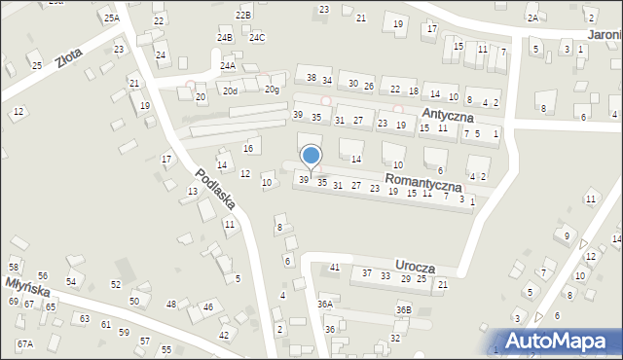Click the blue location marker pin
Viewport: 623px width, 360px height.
(x=311, y=157)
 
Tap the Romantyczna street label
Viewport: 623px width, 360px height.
(x=422, y=182)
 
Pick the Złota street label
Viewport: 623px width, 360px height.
(x=68, y=58)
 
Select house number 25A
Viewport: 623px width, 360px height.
(x=111, y=18)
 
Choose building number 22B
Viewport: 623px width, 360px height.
(x=243, y=16)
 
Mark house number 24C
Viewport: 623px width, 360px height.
(x=256, y=37)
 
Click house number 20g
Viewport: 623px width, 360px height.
(x=272, y=90)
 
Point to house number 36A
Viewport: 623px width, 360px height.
(x=325, y=304)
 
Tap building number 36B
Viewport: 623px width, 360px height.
(x=403, y=309)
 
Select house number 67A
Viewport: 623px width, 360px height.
(x=24, y=343)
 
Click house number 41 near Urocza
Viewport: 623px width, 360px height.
(x=334, y=267)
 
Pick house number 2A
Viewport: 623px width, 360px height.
(x=531, y=18)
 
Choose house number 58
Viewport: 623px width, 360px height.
(x=14, y=267)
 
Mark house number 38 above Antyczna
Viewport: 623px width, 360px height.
(x=311, y=77)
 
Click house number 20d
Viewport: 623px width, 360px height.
(x=230, y=90)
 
